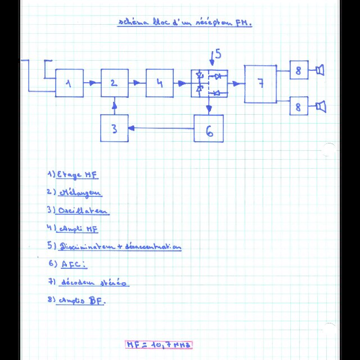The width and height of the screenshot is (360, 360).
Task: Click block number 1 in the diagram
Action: point(69,83)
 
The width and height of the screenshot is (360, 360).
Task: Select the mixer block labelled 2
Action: point(114,83)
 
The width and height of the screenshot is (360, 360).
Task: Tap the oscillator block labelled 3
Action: point(114,129)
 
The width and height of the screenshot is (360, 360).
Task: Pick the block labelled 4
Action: point(159,83)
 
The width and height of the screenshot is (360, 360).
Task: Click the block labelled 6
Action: point(209,129)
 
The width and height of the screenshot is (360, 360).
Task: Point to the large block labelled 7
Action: point(260,84)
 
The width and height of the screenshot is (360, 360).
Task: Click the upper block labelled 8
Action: point(299,70)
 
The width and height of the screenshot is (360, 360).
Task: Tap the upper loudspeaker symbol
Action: point(321,70)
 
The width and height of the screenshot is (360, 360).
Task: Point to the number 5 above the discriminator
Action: point(218,54)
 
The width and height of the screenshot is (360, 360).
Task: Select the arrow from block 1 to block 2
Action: point(92,83)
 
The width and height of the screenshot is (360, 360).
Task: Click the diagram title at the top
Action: point(184,23)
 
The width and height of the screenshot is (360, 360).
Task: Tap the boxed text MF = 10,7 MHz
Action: point(159,344)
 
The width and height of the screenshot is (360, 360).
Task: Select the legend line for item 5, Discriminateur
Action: point(115,246)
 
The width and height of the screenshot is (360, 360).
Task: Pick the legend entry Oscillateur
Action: point(78,211)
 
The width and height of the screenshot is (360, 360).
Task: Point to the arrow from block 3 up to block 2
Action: point(114,106)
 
